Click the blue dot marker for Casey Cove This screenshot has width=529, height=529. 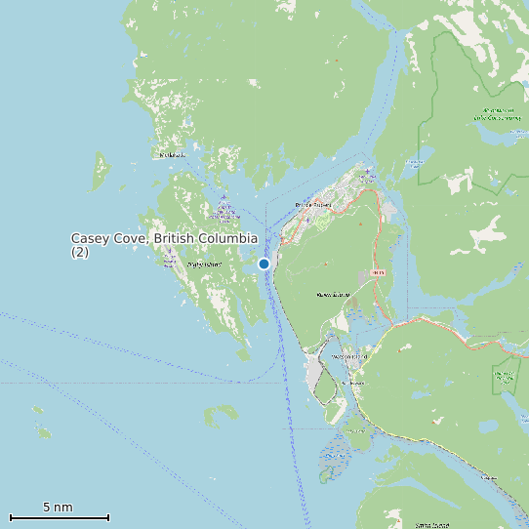pyautogui.click(x=264, y=264)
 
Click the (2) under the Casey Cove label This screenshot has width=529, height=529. pyautogui.click(x=80, y=252)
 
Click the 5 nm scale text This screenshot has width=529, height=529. pyautogui.click(x=58, y=508)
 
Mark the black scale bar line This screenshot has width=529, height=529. pyautogui.click(x=59, y=517)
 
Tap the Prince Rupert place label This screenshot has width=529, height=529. pyautogui.click(x=314, y=205)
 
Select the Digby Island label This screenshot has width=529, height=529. pyautogui.click(x=203, y=264)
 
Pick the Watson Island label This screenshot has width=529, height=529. pyautogui.click(x=350, y=357)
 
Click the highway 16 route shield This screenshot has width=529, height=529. pyautogui.click(x=379, y=272)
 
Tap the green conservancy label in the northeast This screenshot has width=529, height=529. pyautogui.click(x=497, y=114)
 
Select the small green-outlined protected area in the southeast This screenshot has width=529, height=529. pyautogui.click(x=506, y=376)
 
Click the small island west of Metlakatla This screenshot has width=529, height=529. pyautogui.click(x=102, y=174)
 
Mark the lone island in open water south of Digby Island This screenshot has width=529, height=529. pyautogui.click(x=220, y=415)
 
